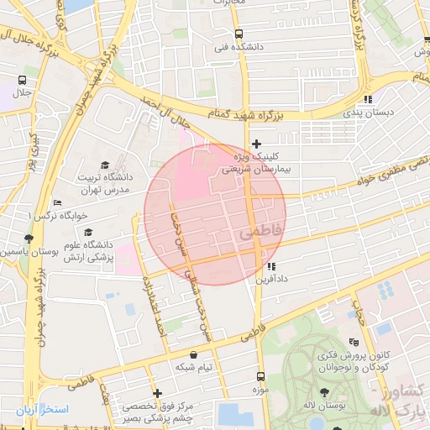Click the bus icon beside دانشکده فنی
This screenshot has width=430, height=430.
point(239,34)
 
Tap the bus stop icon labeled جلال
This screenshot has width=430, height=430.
point(21,81)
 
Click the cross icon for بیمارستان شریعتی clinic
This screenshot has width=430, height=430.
point(257,144)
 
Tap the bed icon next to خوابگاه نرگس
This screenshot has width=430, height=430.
point(57,202)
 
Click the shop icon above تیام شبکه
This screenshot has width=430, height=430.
point(194,354)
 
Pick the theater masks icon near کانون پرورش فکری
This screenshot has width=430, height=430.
point(354,342)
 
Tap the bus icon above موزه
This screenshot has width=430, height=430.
point(260,377)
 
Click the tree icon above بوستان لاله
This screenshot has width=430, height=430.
point(325,392)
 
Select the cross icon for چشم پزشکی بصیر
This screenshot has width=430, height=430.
point(157,393)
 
